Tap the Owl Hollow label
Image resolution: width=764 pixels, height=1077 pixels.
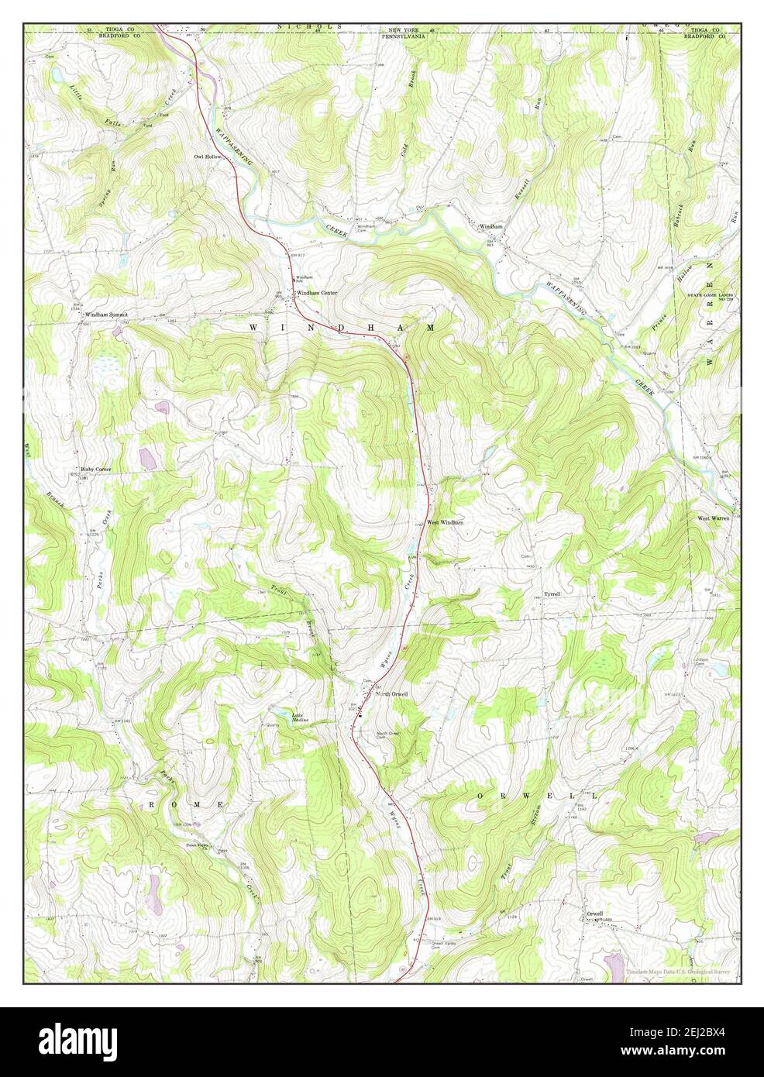tap(208, 157)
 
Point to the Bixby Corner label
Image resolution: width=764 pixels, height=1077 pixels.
tap(96, 470)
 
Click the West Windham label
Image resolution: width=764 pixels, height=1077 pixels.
tap(446, 523)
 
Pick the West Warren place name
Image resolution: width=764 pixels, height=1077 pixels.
tap(714, 518)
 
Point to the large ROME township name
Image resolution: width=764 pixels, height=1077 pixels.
tap(186, 806)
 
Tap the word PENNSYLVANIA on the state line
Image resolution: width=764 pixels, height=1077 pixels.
tap(410, 36)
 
